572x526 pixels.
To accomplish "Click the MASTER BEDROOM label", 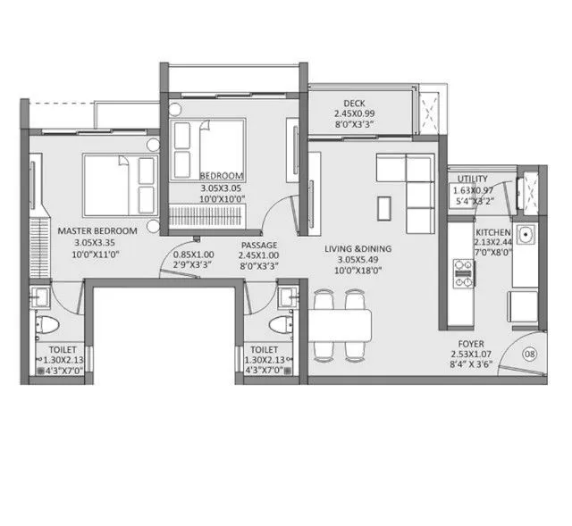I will coord(97,230).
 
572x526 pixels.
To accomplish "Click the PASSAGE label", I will coord(258,245).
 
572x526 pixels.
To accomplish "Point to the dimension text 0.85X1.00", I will coord(195,253).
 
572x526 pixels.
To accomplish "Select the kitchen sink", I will coord(526,236).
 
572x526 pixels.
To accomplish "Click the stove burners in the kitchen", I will coord(463,272).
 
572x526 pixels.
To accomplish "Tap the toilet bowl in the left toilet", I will coord(49,325).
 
